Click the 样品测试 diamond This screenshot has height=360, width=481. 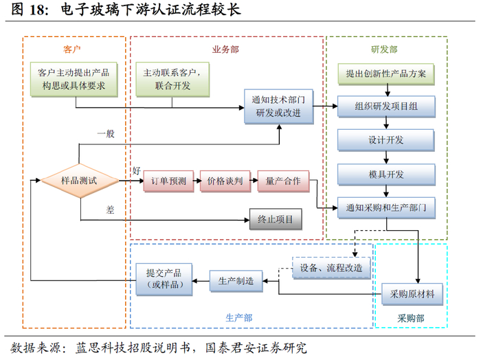point(80,181)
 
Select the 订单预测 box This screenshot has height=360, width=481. point(168,181)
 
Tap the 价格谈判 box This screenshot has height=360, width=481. point(225,181)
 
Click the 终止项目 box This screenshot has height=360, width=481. point(275,220)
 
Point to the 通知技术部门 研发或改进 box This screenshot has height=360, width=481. point(278,106)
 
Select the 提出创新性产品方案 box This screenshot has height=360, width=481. point(385,74)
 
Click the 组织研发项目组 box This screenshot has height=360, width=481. point(385,106)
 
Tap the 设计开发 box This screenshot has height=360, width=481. point(385,140)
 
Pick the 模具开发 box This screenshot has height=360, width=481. point(385,173)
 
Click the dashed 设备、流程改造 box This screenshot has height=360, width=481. point(331,267)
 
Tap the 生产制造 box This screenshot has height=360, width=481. point(236,280)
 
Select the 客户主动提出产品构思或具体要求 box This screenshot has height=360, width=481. point(74,79)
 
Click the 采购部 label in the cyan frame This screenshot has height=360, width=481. point(411,318)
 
